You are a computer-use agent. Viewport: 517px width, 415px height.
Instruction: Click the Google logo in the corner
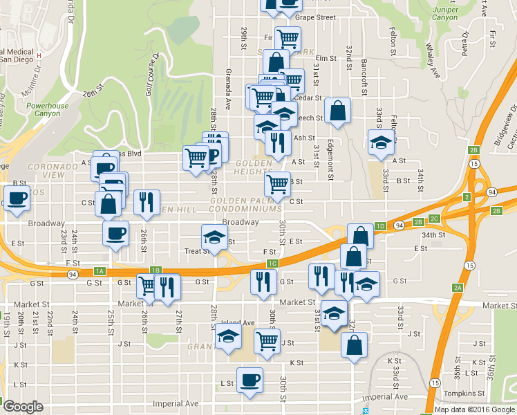(x=23, y=407)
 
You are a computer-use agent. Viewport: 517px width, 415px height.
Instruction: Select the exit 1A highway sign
(x=100, y=270)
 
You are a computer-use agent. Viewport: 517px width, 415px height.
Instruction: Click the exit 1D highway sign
(x=379, y=225)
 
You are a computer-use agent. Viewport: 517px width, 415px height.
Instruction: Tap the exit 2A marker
(x=457, y=287)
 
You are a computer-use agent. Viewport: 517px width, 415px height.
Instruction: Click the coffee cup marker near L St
(x=250, y=378)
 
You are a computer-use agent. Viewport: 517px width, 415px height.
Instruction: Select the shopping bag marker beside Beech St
(x=337, y=111)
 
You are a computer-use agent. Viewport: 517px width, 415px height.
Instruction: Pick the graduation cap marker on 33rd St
(x=379, y=142)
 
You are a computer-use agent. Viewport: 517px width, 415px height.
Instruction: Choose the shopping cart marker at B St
(x=277, y=183)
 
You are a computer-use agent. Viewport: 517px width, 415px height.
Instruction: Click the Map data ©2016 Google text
(x=474, y=409)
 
